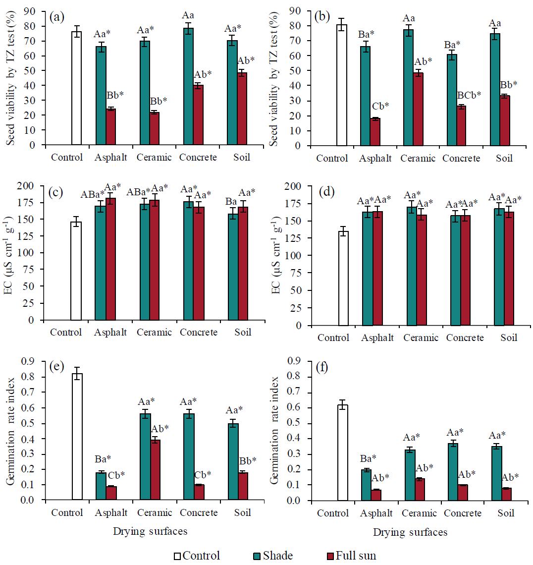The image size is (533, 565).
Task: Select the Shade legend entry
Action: [x=272, y=556]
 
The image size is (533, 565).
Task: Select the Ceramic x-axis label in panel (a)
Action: [x=155, y=157]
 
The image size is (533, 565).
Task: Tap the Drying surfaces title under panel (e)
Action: [x=150, y=531]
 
